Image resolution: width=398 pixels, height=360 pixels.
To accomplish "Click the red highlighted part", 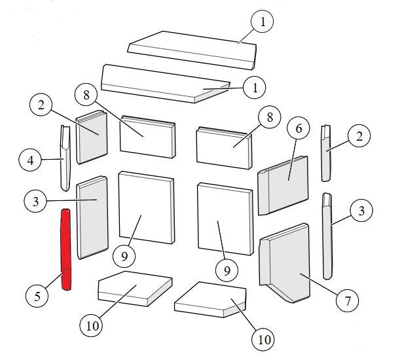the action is coord(65,249).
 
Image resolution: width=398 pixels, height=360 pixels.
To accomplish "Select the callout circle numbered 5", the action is coord(37,296).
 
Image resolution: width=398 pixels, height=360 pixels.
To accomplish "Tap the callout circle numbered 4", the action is coord(30,160).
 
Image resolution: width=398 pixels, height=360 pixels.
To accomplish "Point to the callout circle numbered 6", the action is coord(298,129).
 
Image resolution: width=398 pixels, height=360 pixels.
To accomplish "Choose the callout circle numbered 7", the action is coord(348,300).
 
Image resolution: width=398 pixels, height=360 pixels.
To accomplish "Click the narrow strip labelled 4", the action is coord(65,158).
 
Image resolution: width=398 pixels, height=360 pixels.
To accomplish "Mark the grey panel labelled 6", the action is coord(283,185).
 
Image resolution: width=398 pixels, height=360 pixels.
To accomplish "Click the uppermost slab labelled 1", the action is coord(192,50).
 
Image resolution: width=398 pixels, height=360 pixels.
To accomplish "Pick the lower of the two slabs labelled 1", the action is coord(166,84).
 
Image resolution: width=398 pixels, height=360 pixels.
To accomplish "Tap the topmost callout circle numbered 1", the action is coord(262,22).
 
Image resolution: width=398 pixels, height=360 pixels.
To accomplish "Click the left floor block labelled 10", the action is coord(135,289).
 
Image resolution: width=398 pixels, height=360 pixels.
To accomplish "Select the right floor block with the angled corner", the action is coord(210,300).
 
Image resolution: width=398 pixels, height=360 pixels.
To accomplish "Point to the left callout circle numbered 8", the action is coord(86,96).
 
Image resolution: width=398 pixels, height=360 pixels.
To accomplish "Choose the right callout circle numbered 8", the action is coord(270,117).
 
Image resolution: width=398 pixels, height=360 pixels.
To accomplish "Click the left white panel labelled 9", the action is coord(147,207).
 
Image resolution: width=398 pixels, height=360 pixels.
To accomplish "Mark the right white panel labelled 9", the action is coord(225,219).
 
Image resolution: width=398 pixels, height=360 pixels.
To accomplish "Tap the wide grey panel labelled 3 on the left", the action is coord(92,217).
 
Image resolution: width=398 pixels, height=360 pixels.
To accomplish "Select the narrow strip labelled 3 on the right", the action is coord(327,236).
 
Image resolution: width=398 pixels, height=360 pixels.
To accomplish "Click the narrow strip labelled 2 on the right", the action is coord(327,153).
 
